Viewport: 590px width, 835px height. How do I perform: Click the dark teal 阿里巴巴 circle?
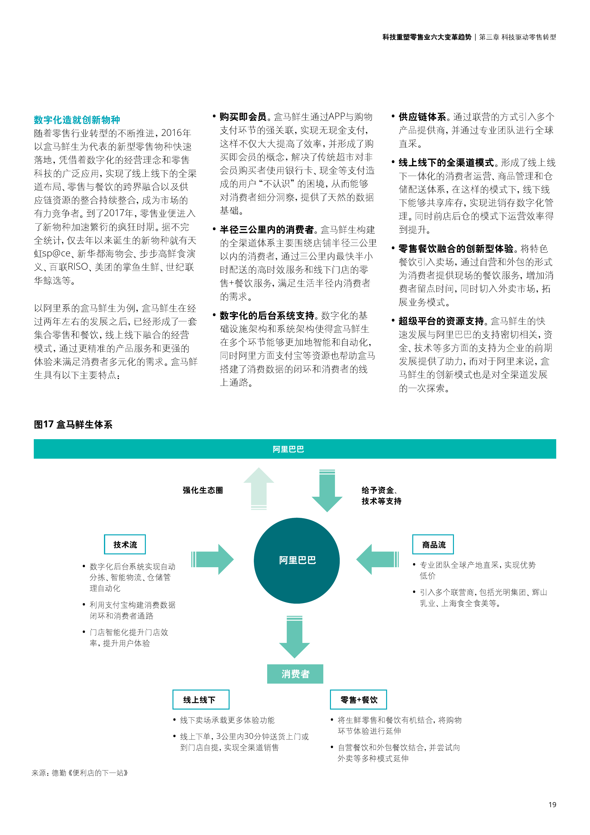click(x=297, y=560)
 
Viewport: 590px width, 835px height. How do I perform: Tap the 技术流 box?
click(x=125, y=544)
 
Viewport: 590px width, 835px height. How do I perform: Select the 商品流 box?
click(x=433, y=544)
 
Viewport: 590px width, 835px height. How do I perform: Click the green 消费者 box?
click(x=295, y=674)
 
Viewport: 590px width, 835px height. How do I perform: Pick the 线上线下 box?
click(x=201, y=699)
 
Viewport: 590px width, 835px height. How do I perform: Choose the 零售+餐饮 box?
click(x=359, y=699)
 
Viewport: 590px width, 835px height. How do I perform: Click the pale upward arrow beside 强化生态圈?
click(x=259, y=488)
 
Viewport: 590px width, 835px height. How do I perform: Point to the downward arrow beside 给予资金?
click(x=327, y=491)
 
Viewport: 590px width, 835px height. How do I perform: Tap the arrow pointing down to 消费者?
click(x=295, y=637)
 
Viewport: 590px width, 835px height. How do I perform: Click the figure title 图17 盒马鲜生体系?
click(x=73, y=424)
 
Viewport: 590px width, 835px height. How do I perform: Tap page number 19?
click(x=552, y=805)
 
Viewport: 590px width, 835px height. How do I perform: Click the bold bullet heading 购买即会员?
click(x=243, y=117)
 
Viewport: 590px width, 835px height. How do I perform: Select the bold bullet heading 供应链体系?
click(x=422, y=117)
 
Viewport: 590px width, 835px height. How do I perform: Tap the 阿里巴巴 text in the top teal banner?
click(x=288, y=449)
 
